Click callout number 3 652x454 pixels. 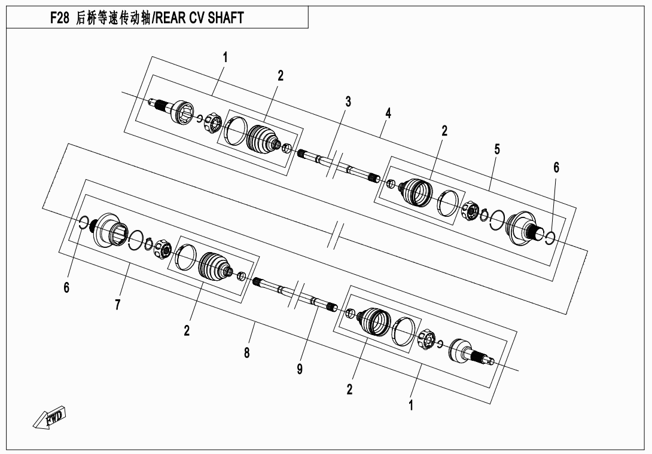348,102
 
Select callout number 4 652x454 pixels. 388,112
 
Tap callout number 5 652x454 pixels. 497,149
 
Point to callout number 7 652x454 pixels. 118,305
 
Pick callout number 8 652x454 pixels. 246,352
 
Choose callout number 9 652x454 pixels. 300,369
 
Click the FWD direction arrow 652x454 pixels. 50,416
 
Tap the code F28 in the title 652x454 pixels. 59,19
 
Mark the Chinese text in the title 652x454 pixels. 113,19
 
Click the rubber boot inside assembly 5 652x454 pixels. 415,191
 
